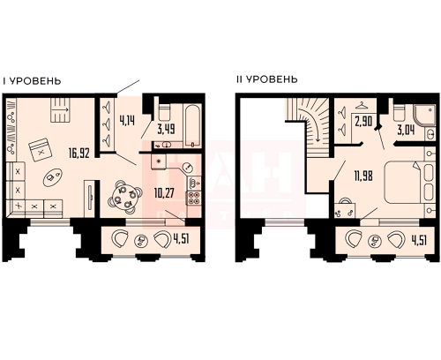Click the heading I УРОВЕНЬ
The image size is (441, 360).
(32, 81)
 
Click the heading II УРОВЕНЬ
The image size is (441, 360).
(267, 79)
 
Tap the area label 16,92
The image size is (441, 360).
(79, 153)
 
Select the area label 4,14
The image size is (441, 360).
(127, 121)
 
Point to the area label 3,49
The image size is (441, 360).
(167, 129)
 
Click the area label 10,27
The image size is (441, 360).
(164, 193)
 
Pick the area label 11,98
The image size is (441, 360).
(363, 176)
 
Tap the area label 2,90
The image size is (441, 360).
(363, 121)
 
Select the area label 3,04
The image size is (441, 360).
(406, 130)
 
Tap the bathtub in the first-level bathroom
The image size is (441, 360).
(192, 126)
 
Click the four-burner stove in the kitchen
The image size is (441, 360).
(193, 198)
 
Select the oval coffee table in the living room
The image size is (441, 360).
(52, 177)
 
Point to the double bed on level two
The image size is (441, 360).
(408, 182)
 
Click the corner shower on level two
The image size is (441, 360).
(424, 116)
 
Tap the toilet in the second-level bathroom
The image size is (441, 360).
(400, 112)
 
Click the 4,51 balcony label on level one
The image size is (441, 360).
(182, 239)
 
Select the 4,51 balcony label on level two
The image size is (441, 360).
(419, 240)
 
